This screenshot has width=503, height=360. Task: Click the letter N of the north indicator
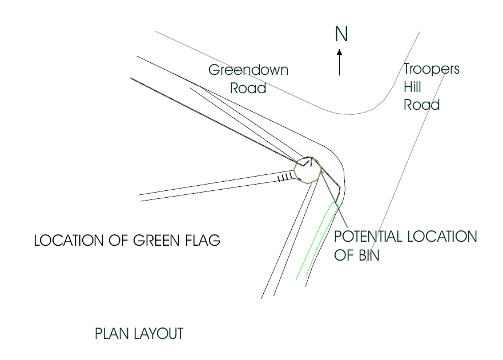(341, 35)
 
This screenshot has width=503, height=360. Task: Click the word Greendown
(248, 70)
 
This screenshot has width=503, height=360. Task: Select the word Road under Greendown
(248, 89)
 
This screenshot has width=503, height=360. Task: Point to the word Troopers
(431, 70)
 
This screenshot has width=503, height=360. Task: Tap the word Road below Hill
(421, 105)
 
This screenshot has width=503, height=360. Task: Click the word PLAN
(109, 334)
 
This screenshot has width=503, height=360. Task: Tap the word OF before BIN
(343, 255)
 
